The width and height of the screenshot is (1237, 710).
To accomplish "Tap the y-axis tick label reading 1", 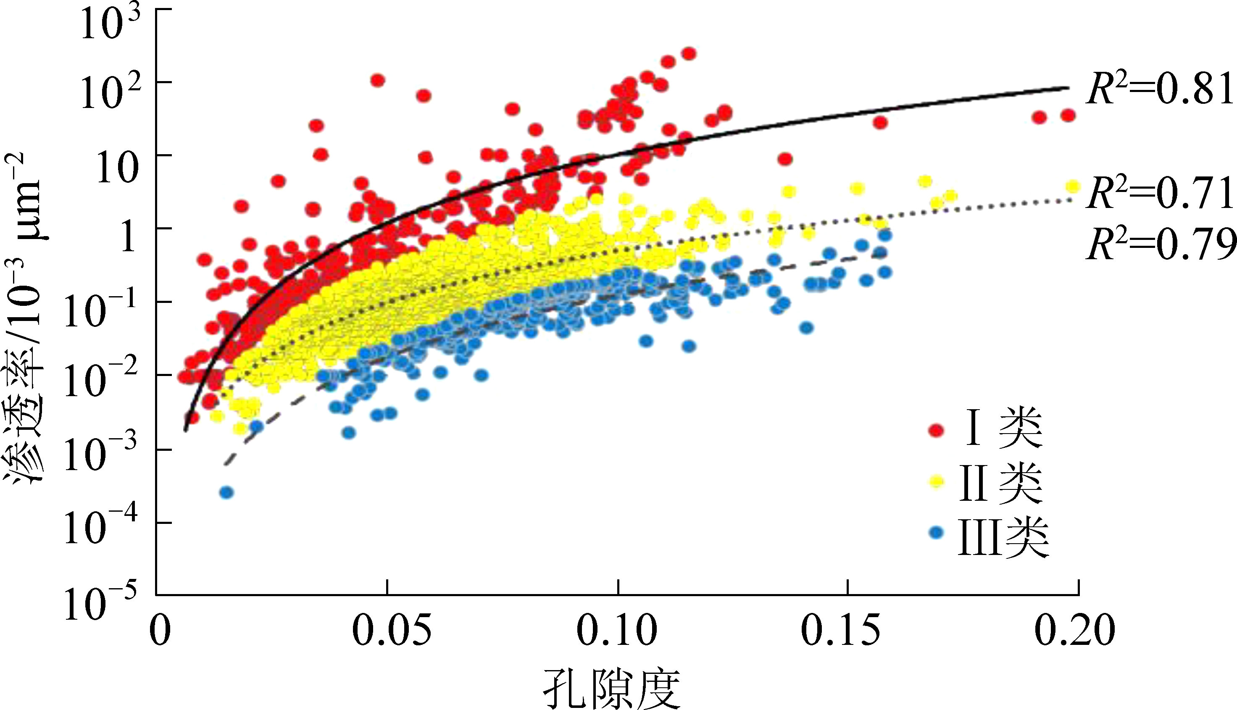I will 128,237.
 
